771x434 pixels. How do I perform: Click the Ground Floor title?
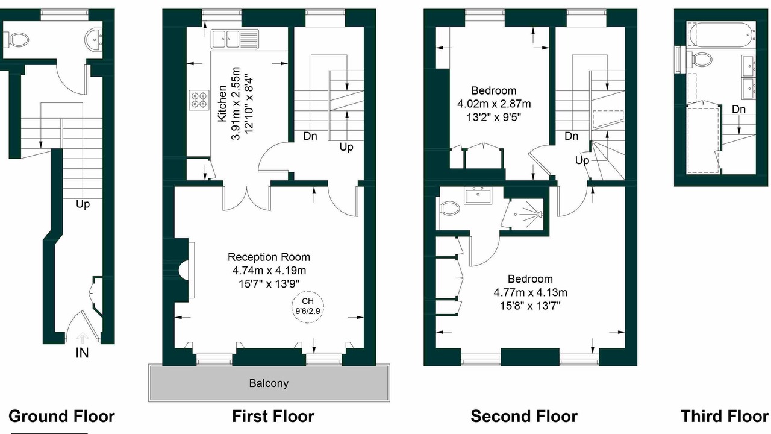(x=61, y=416)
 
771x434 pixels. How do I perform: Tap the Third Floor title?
(x=725, y=416)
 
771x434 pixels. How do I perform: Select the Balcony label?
(x=269, y=383)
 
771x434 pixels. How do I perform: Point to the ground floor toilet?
(x=17, y=40)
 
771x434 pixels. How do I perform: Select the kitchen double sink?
(x=234, y=39)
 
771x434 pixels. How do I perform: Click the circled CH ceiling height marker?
(x=308, y=306)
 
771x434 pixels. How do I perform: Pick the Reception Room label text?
(x=269, y=257)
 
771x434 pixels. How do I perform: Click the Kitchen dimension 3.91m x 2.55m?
(x=236, y=104)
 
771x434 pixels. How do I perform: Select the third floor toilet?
(x=700, y=59)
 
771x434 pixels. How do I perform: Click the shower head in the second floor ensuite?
(x=538, y=214)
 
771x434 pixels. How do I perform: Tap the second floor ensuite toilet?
(x=449, y=209)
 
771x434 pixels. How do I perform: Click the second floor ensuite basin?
(x=479, y=195)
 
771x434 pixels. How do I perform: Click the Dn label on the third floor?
(x=739, y=110)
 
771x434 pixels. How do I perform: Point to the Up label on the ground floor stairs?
(x=83, y=204)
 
